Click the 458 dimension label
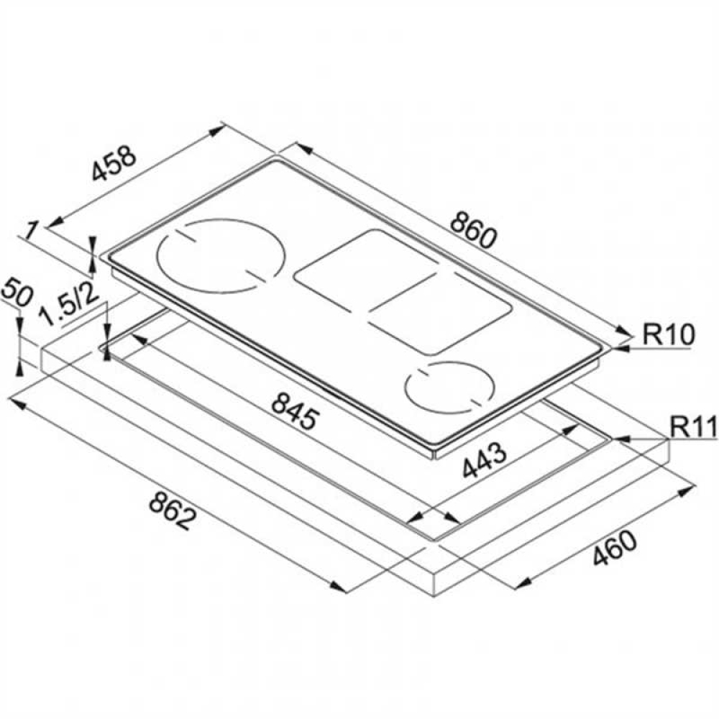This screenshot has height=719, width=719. point(114,163)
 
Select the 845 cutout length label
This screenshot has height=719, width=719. point(294,412)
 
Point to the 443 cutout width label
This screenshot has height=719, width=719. point(484,459)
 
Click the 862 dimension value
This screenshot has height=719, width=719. point(172,510)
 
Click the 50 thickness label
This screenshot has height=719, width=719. point(17,293)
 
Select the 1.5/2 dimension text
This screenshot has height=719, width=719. point(69,306)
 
